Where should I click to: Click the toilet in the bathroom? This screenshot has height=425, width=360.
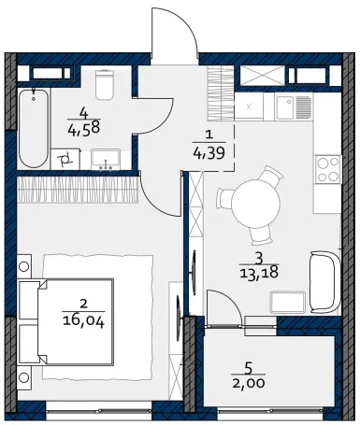tap(104, 84)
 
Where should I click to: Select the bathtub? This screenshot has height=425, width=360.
tap(34, 128)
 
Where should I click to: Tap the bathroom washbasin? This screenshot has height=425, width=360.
tap(106, 159)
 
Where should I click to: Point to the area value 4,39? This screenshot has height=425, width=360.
tap(209, 153)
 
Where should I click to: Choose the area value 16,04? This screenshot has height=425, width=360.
tap(83, 321)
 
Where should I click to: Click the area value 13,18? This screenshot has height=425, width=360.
tap(259, 273)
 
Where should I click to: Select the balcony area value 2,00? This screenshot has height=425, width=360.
tap(249, 383)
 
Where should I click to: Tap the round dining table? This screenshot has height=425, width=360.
tap(255, 204)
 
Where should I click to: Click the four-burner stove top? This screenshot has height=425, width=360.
tap(327, 169)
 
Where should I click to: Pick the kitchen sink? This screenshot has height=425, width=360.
tap(285, 106)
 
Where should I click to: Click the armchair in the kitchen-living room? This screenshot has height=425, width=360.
tap(325, 282)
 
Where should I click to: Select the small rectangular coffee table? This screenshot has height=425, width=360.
tap(287, 302)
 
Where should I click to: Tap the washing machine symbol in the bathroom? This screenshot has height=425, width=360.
tap(65, 160)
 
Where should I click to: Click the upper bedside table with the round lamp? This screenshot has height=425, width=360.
tap(24, 266)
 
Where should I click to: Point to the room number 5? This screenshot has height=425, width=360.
tap(249, 369)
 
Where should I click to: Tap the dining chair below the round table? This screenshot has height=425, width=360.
tap(261, 235)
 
